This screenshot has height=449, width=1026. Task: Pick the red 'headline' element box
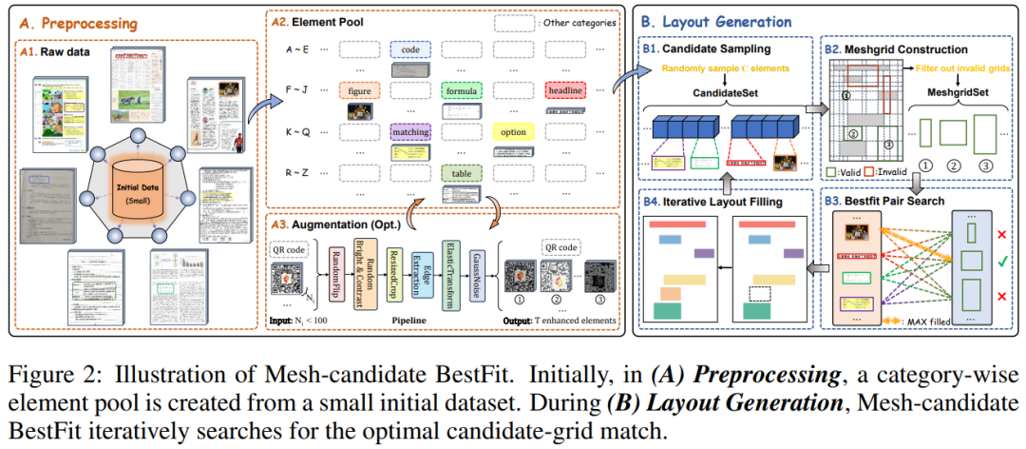566,90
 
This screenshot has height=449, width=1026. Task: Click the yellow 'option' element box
514,131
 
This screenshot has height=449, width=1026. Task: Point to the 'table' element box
463,174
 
